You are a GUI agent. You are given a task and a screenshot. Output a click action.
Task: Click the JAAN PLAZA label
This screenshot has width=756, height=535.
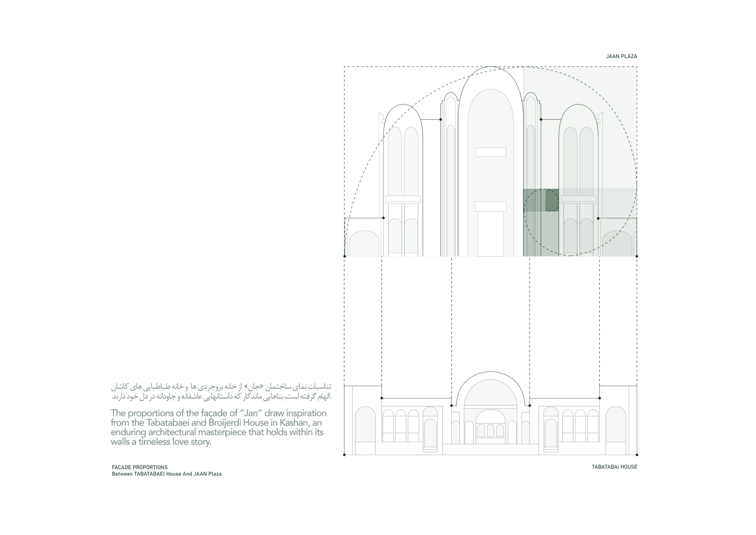click(x=621, y=56)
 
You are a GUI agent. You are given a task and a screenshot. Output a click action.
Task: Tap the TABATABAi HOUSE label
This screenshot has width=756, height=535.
click(x=614, y=467)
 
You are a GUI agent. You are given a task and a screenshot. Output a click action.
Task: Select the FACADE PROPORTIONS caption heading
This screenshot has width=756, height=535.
click(x=140, y=467)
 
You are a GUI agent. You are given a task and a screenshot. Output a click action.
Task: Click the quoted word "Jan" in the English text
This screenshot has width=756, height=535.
click(x=248, y=413)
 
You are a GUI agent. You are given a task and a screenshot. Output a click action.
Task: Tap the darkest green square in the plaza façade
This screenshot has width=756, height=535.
click(x=552, y=200)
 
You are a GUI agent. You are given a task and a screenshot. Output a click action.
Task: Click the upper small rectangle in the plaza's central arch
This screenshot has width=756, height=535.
click(x=491, y=152)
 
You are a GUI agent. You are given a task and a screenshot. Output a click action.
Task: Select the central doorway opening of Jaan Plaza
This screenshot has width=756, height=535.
click(x=491, y=234)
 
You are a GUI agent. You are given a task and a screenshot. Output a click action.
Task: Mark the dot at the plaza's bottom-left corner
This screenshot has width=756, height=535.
click(x=345, y=256)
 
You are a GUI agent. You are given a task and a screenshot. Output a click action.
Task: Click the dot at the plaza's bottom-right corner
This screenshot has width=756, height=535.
click(x=637, y=256)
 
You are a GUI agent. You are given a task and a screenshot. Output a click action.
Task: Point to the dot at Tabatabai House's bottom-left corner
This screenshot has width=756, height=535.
click(x=344, y=455)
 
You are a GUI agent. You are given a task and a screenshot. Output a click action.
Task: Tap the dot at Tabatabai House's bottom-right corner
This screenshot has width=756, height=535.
click(x=637, y=455)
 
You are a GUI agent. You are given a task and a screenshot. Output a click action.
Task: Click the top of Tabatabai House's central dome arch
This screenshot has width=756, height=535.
click(x=490, y=372)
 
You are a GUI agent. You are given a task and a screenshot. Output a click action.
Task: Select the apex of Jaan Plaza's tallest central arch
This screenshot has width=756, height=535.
click(x=491, y=66)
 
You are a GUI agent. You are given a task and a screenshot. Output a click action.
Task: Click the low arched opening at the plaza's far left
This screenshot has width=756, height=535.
click(x=364, y=244)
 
